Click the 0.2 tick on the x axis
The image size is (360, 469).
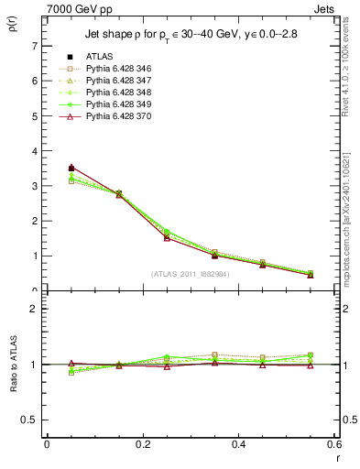point(142,444)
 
